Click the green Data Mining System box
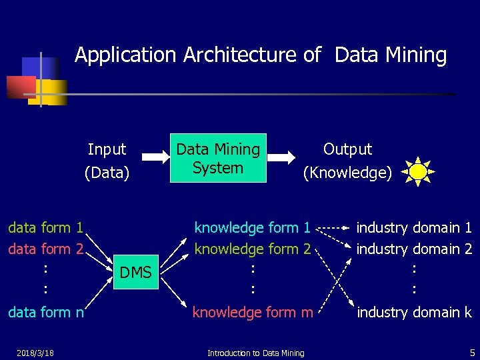click(x=218, y=158)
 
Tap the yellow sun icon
click(x=418, y=172)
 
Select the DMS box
click(x=135, y=271)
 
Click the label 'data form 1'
click(x=45, y=228)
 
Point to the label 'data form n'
click(x=45, y=312)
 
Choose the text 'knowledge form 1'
click(x=252, y=228)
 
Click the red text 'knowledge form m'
click(x=253, y=312)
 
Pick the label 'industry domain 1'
click(x=414, y=228)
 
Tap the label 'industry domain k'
click(x=414, y=312)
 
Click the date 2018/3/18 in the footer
click(x=37, y=352)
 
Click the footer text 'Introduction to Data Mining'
click(x=255, y=353)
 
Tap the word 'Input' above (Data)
click(x=107, y=149)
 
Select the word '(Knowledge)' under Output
click(x=347, y=173)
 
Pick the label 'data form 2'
click(x=45, y=249)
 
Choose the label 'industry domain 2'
click(x=414, y=249)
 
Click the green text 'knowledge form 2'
click(x=252, y=249)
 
